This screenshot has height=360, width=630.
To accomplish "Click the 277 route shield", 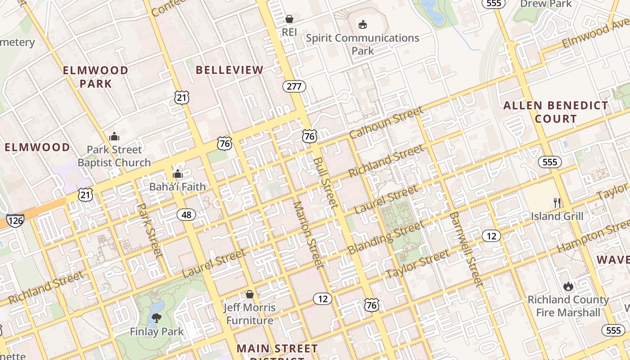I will tap(294, 86).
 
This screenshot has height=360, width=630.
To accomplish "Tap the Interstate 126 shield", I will tap(15, 220).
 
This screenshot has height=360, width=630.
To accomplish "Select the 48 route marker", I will tap(186, 215).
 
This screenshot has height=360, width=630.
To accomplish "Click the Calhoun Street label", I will tap(386, 123).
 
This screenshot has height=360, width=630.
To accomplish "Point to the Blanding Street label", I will tap(385, 238).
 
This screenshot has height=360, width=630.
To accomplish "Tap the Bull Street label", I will tap(325, 182).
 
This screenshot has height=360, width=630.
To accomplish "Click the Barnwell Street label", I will tap(466, 249).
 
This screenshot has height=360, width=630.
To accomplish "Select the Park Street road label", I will tap(149, 230).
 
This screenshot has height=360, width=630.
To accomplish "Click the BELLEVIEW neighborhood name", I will tap(229, 70).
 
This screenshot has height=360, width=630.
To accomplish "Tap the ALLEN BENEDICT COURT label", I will tap(556, 112).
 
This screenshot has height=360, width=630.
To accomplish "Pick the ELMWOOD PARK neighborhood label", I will tap(95, 77).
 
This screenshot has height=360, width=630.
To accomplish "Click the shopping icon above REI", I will tap(289, 19).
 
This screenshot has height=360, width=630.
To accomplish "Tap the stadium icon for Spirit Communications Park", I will tap(362, 24).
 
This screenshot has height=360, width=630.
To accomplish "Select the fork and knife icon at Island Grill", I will tap(557, 202).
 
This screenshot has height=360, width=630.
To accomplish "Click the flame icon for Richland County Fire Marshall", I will tap(568, 286).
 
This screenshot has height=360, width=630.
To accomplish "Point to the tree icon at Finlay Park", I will tap(157, 318).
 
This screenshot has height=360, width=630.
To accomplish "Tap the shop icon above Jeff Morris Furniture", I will tap(249, 294).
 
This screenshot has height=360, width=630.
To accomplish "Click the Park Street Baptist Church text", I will tap(114, 156).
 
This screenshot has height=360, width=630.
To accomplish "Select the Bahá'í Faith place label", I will tap(177, 187).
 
